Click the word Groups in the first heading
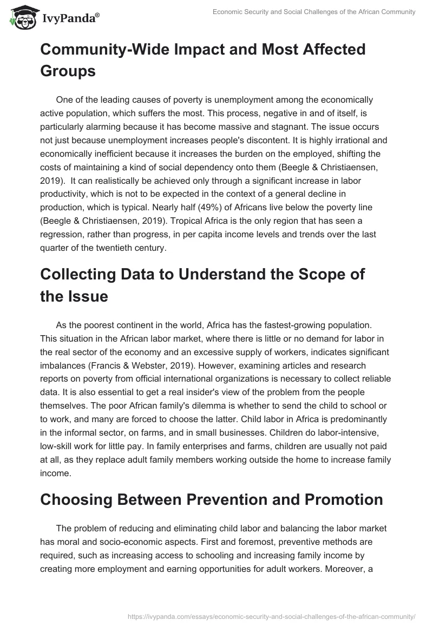pyautogui.click(x=68, y=70)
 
